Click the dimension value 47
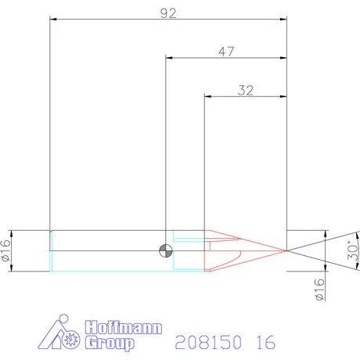coord(227,52)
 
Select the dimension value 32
coord(245,90)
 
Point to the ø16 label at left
coord(7,250)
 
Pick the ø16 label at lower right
coord(319,291)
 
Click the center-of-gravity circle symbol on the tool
coord(166,250)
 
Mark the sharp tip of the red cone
coord(286,250)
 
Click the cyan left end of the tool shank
coord(51,250)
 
